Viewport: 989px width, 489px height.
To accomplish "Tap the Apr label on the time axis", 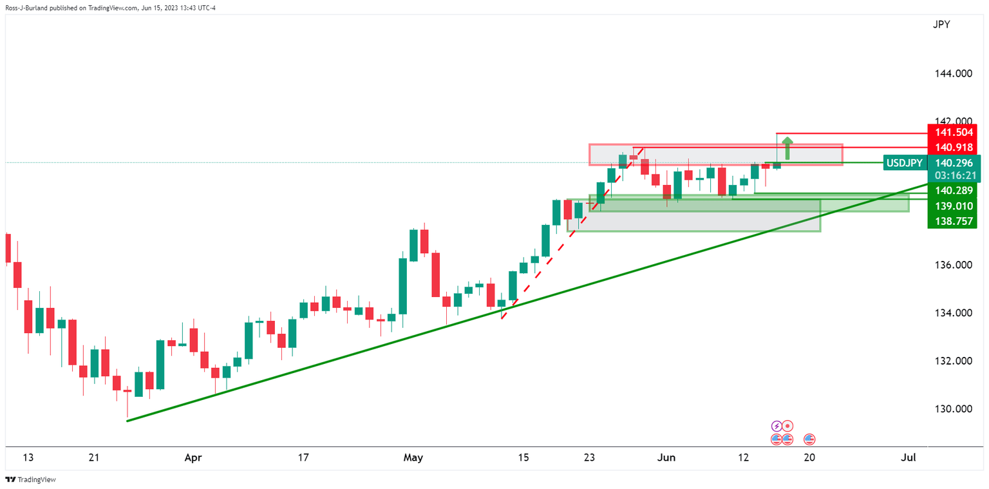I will click(x=193, y=458).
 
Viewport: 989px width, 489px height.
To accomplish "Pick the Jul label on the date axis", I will click(x=909, y=458).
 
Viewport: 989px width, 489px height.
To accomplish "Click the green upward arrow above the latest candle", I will click(x=786, y=147).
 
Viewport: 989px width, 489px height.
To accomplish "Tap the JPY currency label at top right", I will click(x=941, y=25).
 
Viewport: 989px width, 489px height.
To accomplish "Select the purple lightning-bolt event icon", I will click(x=777, y=426).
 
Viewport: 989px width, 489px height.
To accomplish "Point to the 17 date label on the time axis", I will click(x=303, y=458).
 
